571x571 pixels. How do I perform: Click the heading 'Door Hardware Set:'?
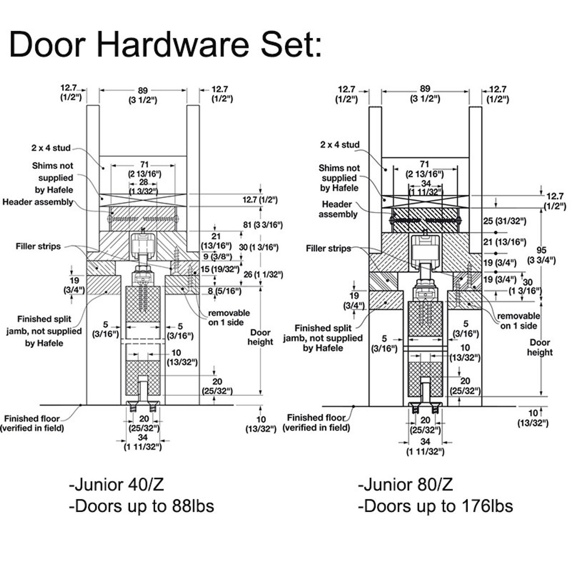pyautogui.click(x=165, y=44)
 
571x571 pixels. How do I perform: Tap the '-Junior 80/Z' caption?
pyautogui.click(x=405, y=484)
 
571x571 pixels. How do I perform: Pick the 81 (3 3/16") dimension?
pyautogui.click(x=262, y=225)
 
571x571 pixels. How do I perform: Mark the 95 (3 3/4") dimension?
pyautogui.click(x=542, y=255)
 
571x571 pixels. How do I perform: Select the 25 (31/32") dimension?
pyautogui.click(x=505, y=221)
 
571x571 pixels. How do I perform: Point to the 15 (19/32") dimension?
pyautogui.click(x=219, y=269)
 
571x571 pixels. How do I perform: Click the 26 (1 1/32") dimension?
pyautogui.click(x=263, y=275)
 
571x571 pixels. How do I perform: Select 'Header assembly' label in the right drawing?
pyautogui.click(x=338, y=209)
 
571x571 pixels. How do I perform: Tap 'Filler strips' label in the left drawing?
pyautogui.click(x=38, y=246)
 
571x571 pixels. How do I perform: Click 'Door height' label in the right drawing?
pyautogui.click(x=539, y=348)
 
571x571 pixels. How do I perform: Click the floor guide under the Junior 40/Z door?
pyautogui.click(x=143, y=407)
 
